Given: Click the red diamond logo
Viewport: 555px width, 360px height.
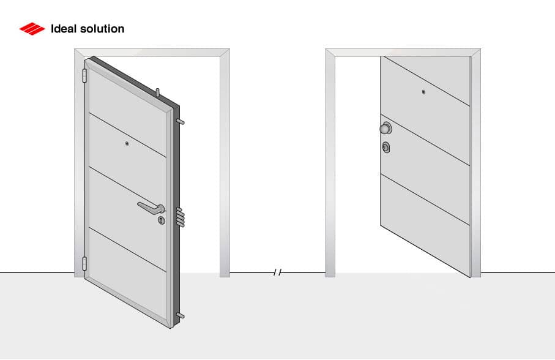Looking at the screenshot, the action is click(32, 29).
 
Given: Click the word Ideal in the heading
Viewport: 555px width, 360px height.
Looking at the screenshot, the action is click(64, 29).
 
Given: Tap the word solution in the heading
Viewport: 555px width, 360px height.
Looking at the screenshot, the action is click(102, 29).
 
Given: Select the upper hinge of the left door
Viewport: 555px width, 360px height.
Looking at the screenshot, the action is click(84, 76).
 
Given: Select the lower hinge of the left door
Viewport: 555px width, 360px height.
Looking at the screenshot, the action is click(84, 264).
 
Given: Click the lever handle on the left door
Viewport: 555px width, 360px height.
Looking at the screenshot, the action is click(151, 208).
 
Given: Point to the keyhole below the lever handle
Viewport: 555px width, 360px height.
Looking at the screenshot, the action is click(162, 220).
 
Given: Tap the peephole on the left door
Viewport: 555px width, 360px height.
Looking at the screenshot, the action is click(127, 143).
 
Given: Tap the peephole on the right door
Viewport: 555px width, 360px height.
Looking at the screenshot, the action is click(423, 92).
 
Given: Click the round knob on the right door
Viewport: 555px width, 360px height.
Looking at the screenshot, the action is click(386, 128).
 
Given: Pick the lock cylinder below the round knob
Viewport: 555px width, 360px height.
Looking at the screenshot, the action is click(386, 148).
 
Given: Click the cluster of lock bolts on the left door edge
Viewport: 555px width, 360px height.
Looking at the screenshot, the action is click(181, 217).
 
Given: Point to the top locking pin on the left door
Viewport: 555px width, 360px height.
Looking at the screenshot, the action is click(158, 92).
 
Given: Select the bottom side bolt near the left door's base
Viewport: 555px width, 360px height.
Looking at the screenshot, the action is click(181, 315).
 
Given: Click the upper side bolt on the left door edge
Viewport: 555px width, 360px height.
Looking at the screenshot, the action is click(181, 122).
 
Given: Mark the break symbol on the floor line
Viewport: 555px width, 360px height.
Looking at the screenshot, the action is click(278, 272).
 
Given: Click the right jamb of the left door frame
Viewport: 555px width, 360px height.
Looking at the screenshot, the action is click(225, 163).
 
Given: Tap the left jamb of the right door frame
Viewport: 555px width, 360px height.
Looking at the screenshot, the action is click(330, 163).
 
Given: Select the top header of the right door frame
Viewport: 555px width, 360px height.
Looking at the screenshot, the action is click(403, 53).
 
